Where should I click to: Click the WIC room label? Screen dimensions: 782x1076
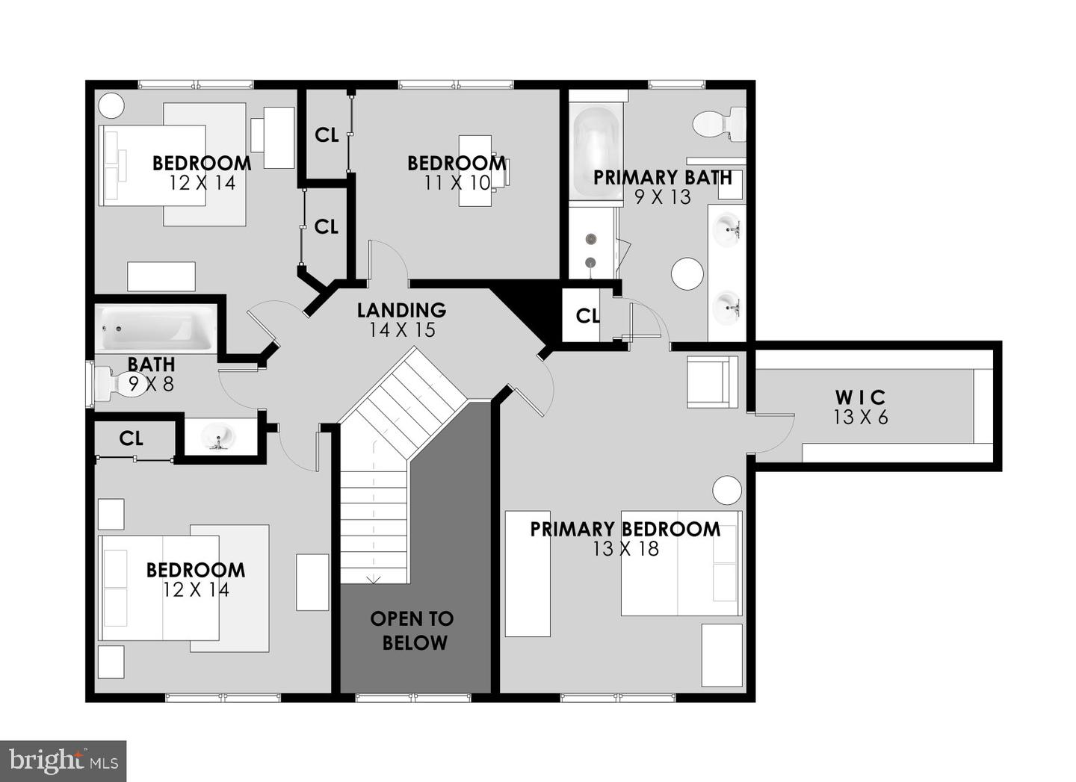coord(860,397)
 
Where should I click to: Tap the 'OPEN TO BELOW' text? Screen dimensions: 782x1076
coord(412,630)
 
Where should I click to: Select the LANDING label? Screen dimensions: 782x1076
coord(401,310)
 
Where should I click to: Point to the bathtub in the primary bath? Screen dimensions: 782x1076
coord(596,152)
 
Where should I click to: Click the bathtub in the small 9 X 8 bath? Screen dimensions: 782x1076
coord(155,329)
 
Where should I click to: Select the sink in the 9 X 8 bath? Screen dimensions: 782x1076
coord(218,436)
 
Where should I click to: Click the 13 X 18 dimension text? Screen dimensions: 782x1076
coord(625,549)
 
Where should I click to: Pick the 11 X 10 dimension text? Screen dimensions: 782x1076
coord(457,182)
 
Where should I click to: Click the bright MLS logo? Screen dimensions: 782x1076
coord(63,761)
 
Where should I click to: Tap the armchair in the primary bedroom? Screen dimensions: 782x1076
coord(712,382)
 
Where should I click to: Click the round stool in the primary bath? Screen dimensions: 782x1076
coord(687,274)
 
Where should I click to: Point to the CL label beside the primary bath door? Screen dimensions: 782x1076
coord(587,317)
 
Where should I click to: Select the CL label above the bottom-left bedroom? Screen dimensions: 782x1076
coord(131,438)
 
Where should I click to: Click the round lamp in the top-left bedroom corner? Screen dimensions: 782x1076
coord(111,105)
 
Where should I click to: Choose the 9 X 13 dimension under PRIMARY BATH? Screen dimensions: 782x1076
coord(663,197)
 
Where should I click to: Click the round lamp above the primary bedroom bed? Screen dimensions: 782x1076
coord(726,491)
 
